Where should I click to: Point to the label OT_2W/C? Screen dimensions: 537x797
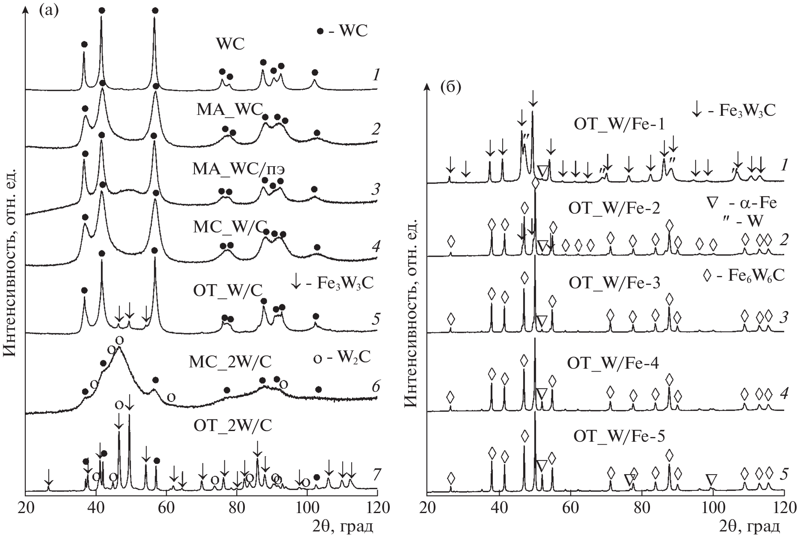pyautogui.click(x=233, y=425)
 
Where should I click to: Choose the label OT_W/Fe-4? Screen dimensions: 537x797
pyautogui.click(x=613, y=363)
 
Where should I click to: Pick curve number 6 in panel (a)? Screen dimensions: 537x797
pyautogui.click(x=375, y=387)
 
